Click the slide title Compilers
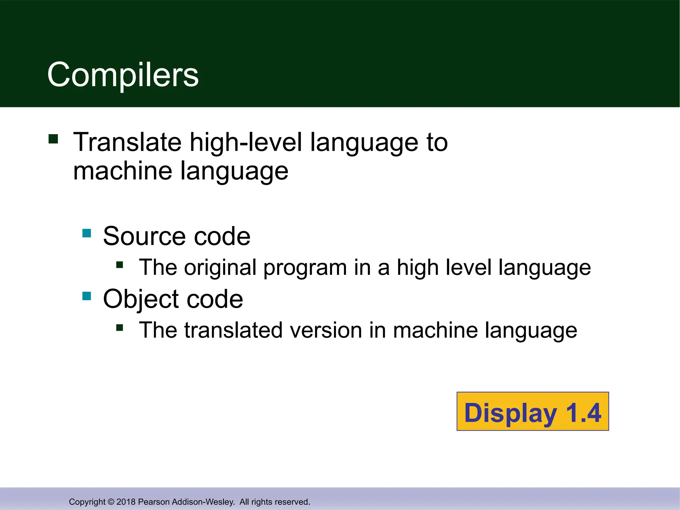click(x=123, y=75)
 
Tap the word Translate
click(x=127, y=142)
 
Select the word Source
click(x=145, y=236)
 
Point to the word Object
click(x=141, y=299)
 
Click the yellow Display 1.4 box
click(x=533, y=411)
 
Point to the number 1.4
click(x=583, y=413)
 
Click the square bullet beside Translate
click(x=53, y=138)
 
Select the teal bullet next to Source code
click(x=87, y=233)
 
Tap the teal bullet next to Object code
click(x=87, y=296)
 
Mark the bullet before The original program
click(x=120, y=265)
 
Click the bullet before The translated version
click(x=120, y=328)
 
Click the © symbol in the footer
click(x=111, y=502)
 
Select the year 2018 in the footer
click(x=126, y=502)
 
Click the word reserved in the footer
click(x=295, y=502)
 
